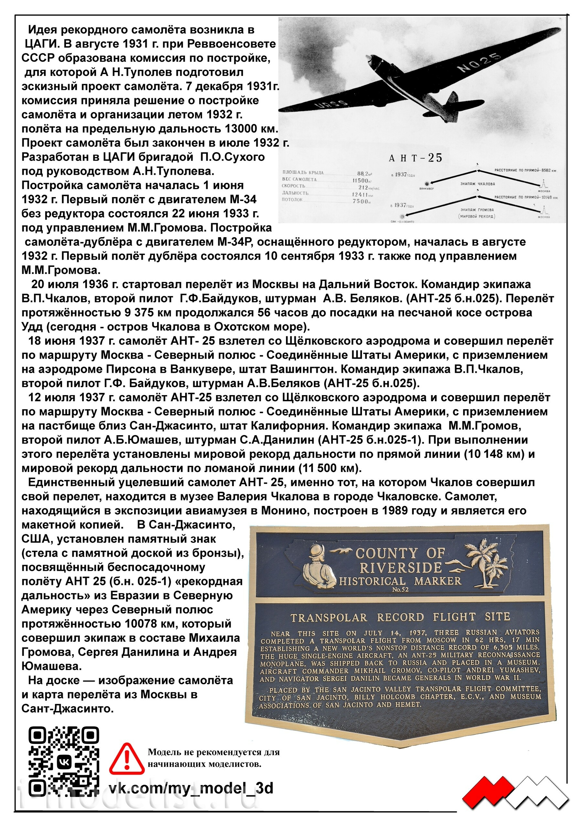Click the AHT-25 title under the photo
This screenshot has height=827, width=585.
pos(415,158)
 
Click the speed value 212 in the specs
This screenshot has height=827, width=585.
pos(363,187)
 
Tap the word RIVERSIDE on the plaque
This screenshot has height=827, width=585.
pos(400,568)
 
